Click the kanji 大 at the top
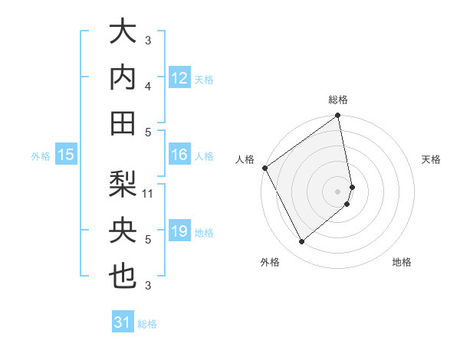(123, 34)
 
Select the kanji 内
(123, 77)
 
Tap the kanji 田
(123, 122)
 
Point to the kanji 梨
(123, 184)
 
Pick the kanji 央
(123, 230)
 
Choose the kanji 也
(123, 276)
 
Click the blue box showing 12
(179, 78)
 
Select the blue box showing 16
(179, 155)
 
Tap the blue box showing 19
(179, 231)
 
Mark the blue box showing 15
(66, 155)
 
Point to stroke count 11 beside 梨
(148, 194)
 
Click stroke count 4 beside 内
(148, 86)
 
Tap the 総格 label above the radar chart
(338, 100)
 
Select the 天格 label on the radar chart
(431, 159)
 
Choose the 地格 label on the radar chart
(402, 262)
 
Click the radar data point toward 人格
(264, 168)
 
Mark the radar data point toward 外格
(301, 242)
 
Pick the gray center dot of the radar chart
(338, 191)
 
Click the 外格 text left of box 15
(40, 156)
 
